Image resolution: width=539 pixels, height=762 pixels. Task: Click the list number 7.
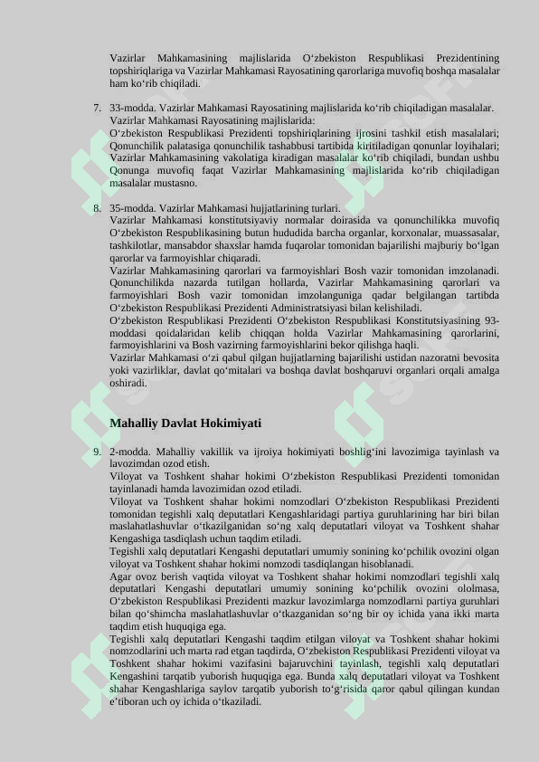pyautogui.click(x=96, y=108)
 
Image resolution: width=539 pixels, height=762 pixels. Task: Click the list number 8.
pyautogui.click(x=96, y=207)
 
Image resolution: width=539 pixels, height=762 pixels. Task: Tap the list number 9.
pyautogui.click(x=96, y=452)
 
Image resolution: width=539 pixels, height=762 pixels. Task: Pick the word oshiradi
pyautogui.click(x=129, y=383)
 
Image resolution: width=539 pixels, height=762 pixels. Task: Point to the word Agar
pyautogui.click(x=120, y=576)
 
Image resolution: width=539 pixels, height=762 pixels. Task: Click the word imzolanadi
pyautogui.click(x=473, y=271)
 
